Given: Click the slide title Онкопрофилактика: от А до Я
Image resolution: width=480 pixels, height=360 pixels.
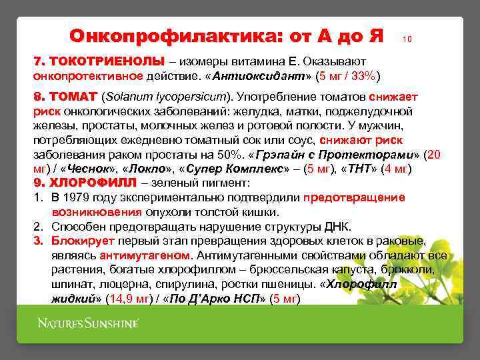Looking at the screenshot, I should pyautogui.click(x=226, y=35).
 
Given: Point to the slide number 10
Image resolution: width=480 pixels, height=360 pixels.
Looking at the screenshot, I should pyautogui.click(x=407, y=40).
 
